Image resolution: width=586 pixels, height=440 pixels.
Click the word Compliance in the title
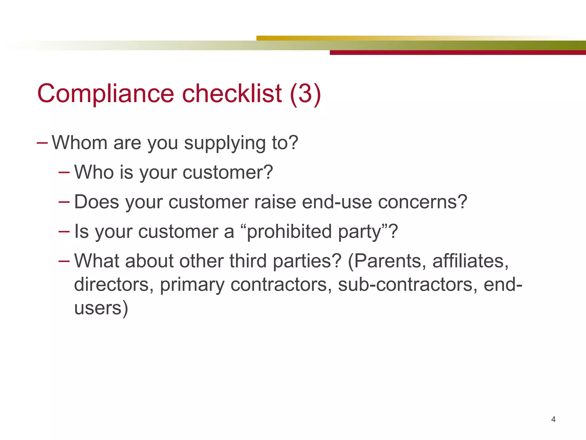pyautogui.click(x=106, y=94)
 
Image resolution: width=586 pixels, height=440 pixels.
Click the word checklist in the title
pyautogui.click(x=232, y=94)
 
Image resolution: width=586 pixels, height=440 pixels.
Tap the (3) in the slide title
pyautogui.click(x=305, y=94)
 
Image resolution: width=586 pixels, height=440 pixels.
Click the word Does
pyautogui.click(x=96, y=202)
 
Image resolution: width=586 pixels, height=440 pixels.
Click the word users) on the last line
pyautogui.click(x=101, y=308)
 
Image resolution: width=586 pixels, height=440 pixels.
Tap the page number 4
pyautogui.click(x=553, y=419)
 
